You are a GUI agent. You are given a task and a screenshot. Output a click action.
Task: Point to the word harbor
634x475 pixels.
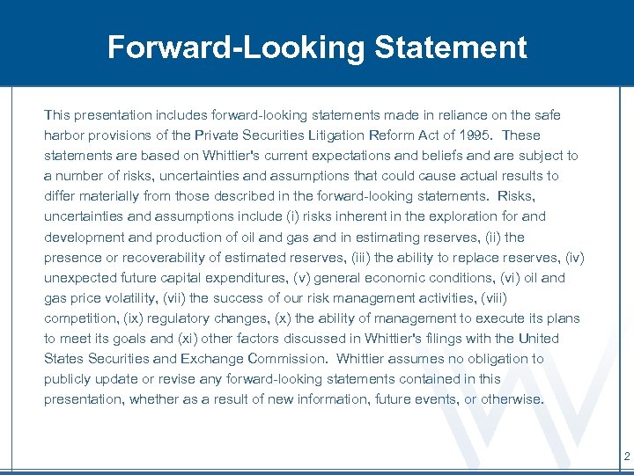coord(63,135)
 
